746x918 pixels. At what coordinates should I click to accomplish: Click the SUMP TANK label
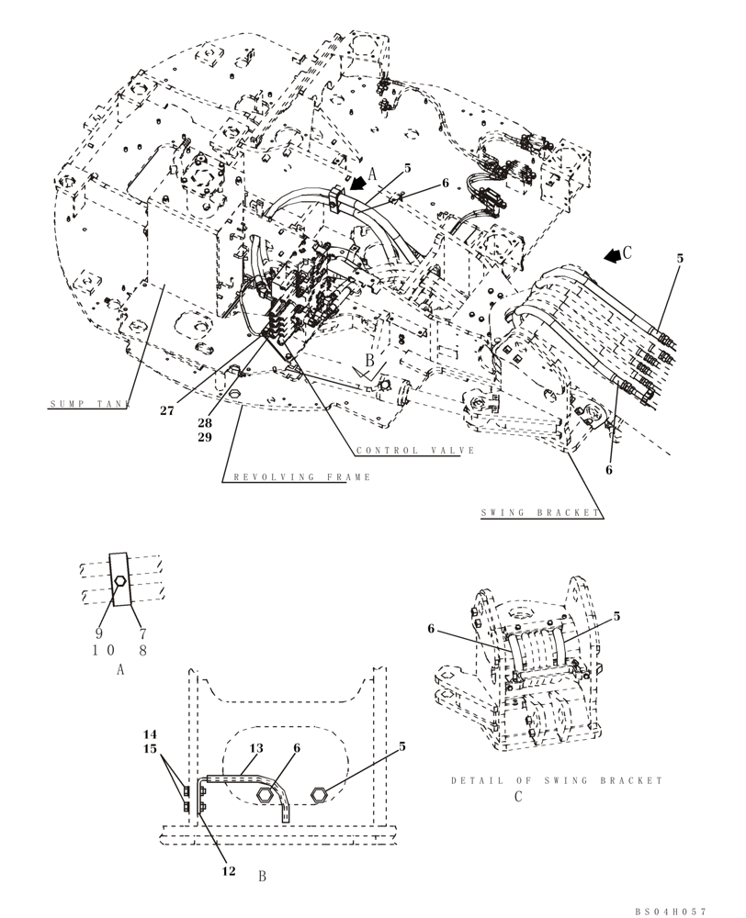point(89,404)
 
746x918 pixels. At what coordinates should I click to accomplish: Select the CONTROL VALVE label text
point(415,451)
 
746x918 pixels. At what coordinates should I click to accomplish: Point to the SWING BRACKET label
point(540,513)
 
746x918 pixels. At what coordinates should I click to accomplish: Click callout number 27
point(166,411)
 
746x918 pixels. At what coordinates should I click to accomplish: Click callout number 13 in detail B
point(255,748)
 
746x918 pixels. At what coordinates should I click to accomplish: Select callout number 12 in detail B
point(228,870)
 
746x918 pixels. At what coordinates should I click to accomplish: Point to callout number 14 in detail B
point(151,734)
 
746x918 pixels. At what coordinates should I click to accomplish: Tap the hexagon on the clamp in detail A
point(119,581)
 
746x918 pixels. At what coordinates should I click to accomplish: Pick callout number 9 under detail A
point(99,633)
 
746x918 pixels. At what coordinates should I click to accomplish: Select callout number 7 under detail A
point(143,633)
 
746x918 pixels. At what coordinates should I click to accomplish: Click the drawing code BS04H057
point(671,911)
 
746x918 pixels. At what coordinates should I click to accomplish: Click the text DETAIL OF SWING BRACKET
point(556,780)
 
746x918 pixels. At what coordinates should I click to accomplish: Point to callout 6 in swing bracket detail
point(430,629)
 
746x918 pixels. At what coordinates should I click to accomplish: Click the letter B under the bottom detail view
point(262,877)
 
